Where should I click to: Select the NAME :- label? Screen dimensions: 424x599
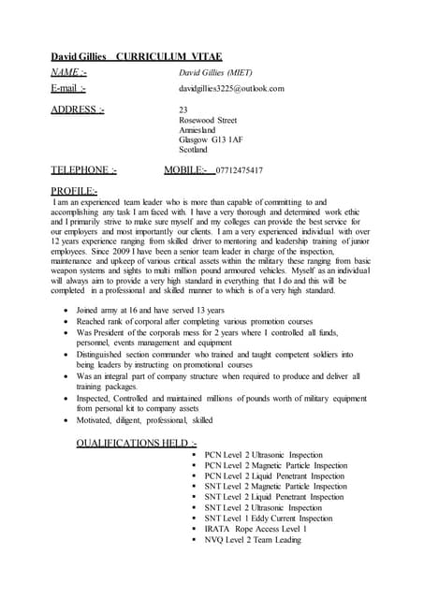pos(70,72)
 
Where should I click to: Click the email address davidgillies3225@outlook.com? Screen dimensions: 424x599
pos(231,88)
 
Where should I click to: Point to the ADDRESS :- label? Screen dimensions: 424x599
pos(78,110)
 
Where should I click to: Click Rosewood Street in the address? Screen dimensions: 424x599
pos(207,121)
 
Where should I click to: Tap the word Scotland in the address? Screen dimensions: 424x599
pos(195,150)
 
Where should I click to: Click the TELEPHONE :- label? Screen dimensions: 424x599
pos(84,171)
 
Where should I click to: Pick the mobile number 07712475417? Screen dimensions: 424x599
pos(239,171)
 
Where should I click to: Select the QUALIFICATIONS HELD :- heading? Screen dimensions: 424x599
pos(137,442)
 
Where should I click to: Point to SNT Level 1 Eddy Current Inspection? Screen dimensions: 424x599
pos(268,518)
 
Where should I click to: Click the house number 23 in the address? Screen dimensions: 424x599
pos(183,110)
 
